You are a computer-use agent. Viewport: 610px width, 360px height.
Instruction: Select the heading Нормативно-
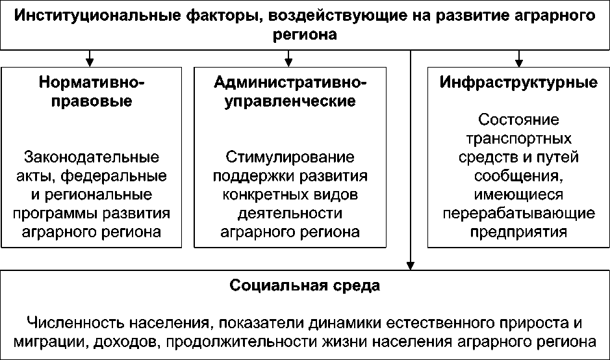pyautogui.click(x=91, y=83)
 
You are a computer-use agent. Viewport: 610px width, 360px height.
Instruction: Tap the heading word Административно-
pyautogui.click(x=290, y=83)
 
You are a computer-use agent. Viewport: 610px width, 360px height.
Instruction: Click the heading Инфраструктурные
pyautogui.click(x=518, y=83)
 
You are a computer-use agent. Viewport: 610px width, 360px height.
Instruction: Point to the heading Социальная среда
pyautogui.click(x=305, y=285)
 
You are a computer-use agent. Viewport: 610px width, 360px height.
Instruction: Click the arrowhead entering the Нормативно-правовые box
pyautogui.click(x=91, y=62)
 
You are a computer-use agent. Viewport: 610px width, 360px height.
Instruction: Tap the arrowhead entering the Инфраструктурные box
pyautogui.click(x=518, y=62)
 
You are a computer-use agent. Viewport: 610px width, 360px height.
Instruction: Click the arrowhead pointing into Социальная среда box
pyautogui.click(x=411, y=264)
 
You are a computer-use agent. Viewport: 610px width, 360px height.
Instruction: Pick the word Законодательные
pyautogui.click(x=91, y=157)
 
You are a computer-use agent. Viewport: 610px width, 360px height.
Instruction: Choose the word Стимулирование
pyautogui.click(x=290, y=157)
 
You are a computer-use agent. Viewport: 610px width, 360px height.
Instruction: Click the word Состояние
pyautogui.click(x=518, y=120)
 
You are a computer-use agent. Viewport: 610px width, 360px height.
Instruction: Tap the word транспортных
pyautogui.click(x=518, y=138)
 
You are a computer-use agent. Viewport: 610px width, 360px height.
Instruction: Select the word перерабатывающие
pyautogui.click(x=518, y=213)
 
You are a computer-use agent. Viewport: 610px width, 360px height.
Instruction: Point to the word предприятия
pyautogui.click(x=518, y=232)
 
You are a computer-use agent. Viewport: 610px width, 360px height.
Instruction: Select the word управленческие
pyautogui.click(x=290, y=101)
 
